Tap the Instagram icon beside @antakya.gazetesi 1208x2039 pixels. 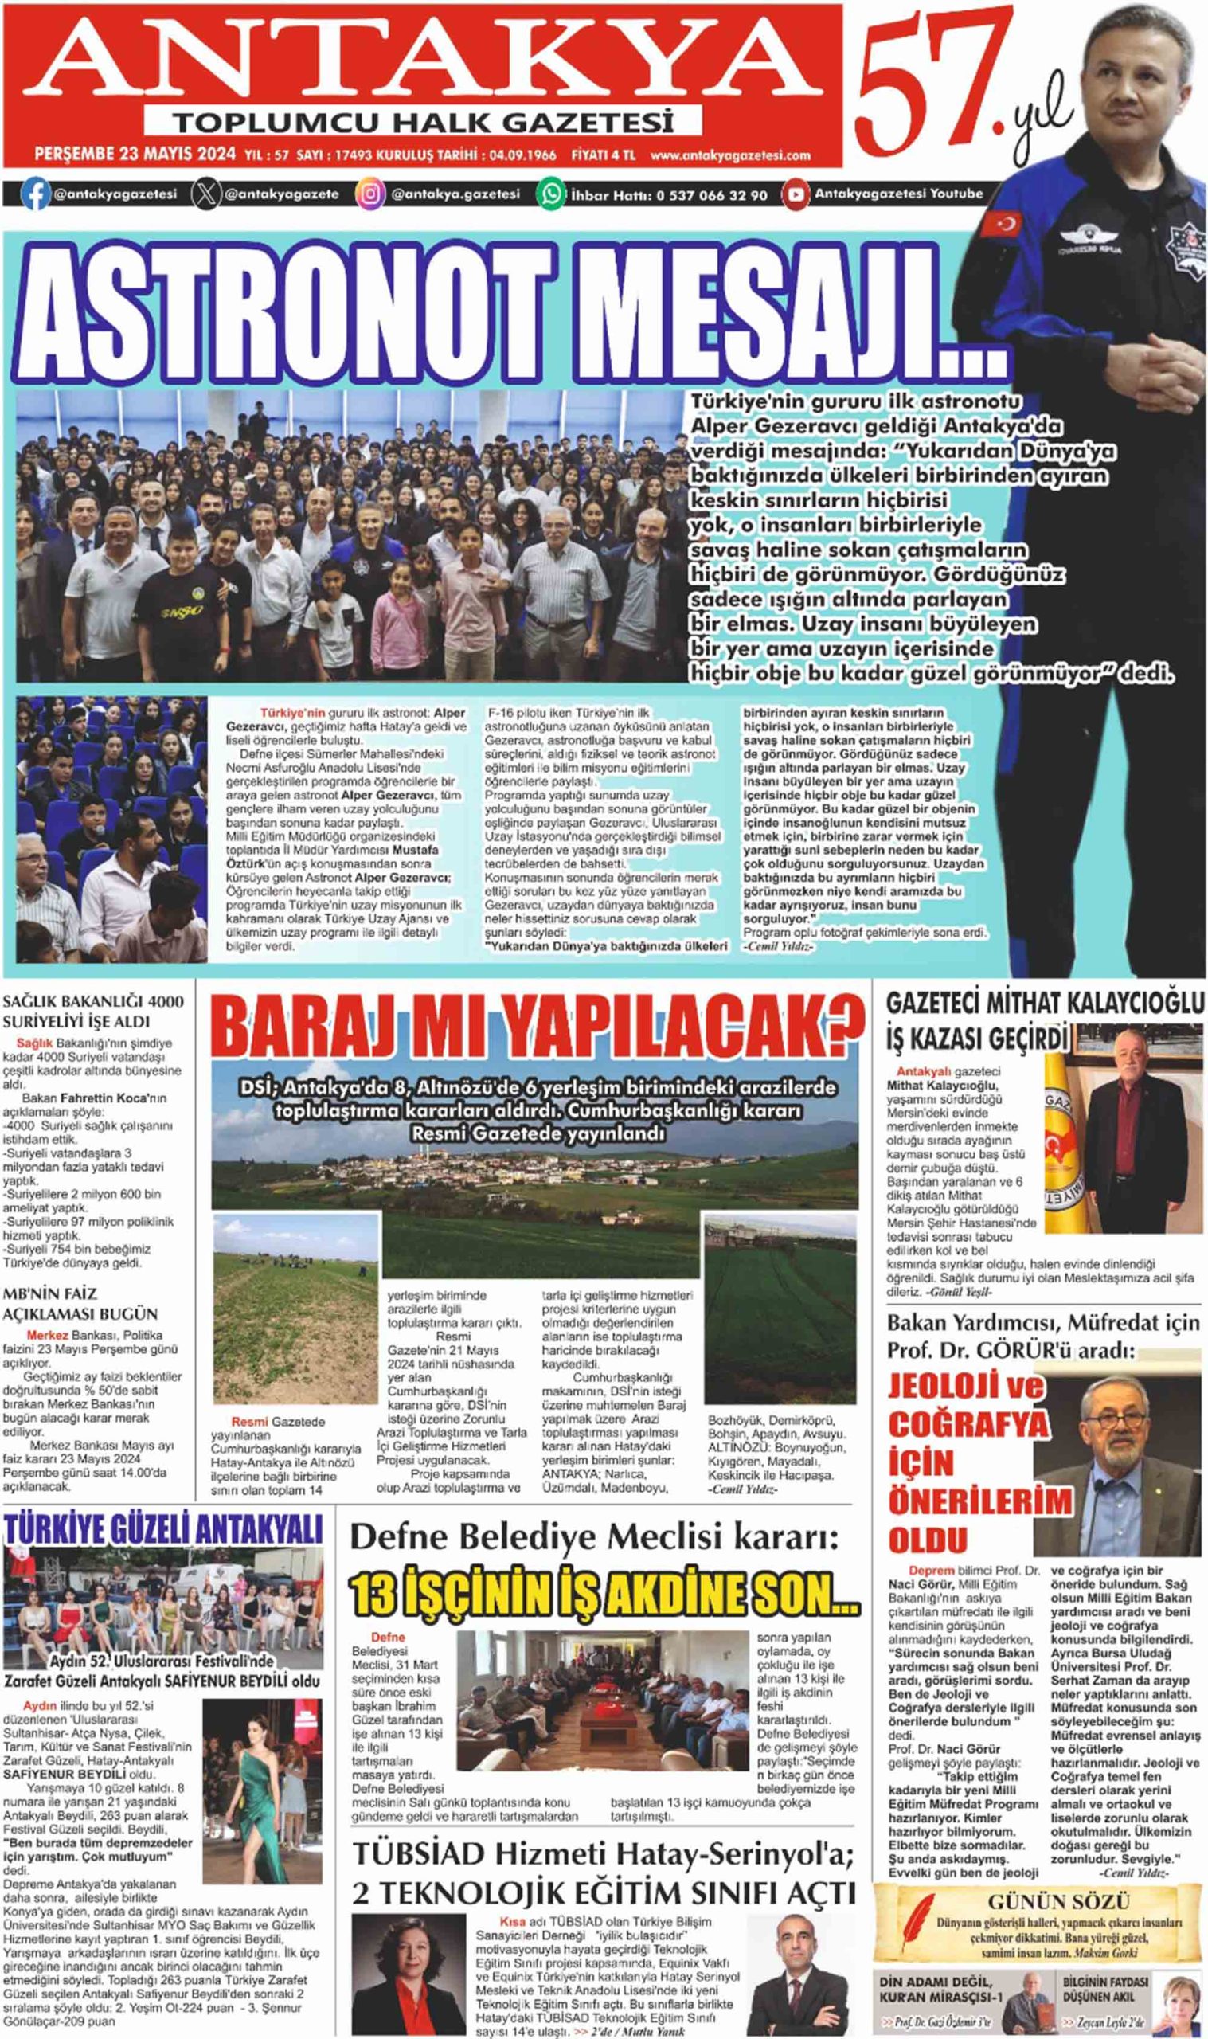370,194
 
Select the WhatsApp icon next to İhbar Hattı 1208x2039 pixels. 551,194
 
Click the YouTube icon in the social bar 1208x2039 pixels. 795,194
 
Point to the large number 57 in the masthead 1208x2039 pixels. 928,81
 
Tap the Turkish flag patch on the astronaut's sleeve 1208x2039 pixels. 1000,222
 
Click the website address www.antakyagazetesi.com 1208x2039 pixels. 730,155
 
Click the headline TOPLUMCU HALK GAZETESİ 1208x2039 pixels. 424,123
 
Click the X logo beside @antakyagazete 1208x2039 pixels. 206,194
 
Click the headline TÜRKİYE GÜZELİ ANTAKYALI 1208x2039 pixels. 163,1530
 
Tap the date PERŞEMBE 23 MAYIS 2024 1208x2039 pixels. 135,155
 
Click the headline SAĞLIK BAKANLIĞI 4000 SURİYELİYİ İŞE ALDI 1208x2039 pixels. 93,1011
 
